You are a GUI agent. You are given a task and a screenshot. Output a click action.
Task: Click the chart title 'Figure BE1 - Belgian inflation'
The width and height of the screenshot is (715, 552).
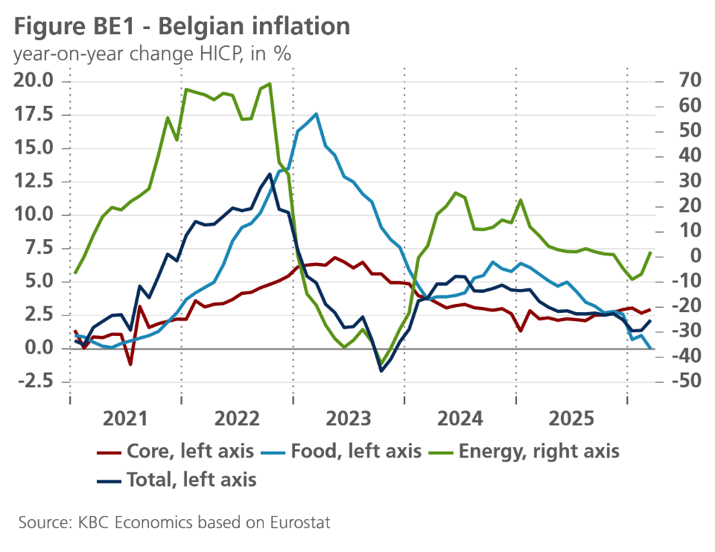[182, 27]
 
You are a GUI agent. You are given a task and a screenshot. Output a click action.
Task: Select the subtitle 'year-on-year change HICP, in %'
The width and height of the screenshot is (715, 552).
[152, 54]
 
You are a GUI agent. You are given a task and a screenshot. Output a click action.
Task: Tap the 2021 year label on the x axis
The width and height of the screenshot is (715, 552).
[125, 418]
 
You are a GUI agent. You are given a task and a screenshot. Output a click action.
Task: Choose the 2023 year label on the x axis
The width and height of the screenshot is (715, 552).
[348, 418]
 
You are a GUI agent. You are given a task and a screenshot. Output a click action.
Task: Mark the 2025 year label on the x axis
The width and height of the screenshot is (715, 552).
[571, 418]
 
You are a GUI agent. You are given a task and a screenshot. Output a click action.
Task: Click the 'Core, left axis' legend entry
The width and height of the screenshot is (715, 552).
[177, 451]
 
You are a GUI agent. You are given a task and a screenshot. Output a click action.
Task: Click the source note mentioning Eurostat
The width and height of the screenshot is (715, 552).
[174, 522]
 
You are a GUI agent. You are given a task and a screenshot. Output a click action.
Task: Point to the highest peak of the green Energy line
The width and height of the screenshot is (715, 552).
[270, 84]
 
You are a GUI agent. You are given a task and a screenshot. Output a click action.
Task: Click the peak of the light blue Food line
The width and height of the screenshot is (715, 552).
[317, 114]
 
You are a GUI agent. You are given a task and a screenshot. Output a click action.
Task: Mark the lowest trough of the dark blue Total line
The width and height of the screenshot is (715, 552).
[381, 370]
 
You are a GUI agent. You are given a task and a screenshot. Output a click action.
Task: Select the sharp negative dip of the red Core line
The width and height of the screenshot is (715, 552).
[130, 364]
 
